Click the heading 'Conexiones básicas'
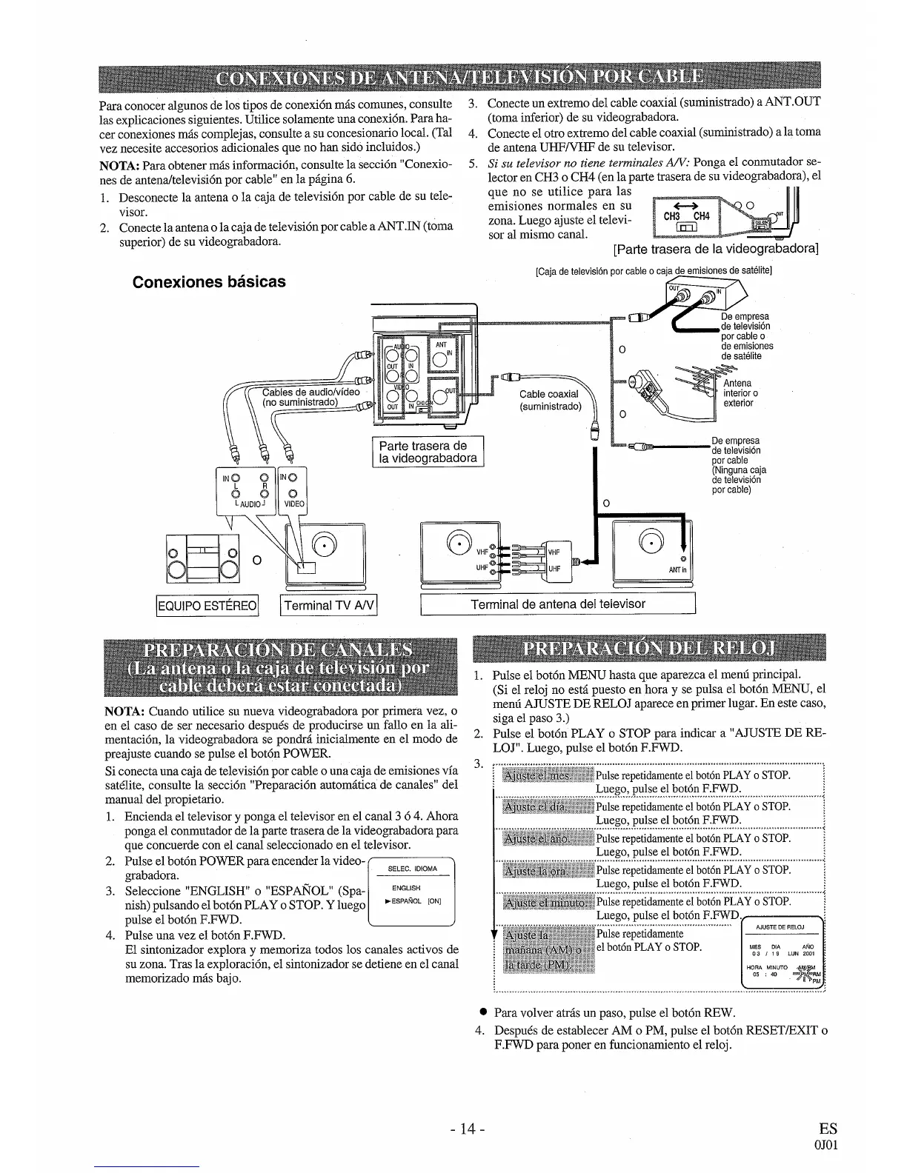(208, 282)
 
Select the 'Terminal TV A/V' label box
(329, 606)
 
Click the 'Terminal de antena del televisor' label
(558, 604)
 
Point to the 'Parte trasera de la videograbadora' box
(428, 452)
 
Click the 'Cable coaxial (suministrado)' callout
(550, 401)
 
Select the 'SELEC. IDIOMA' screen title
(412, 869)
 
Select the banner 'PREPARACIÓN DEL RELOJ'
(648, 649)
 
